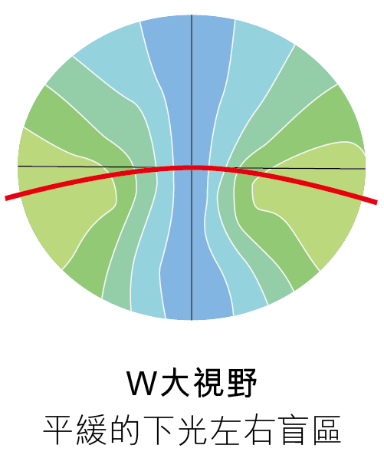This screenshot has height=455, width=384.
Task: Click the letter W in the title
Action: coord(143,383)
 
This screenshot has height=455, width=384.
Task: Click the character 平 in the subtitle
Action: coord(57,430)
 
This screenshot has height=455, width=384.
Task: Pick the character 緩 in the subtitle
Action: coord(91,430)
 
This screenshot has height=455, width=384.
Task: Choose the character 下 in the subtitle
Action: coord(159,430)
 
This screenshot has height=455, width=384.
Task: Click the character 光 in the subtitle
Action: coord(192,430)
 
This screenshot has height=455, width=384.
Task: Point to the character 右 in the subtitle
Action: coord(259,430)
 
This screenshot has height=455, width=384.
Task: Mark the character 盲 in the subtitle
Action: coord(293,430)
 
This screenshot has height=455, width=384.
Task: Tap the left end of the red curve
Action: coord(6,199)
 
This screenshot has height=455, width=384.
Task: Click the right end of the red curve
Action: coord(376,203)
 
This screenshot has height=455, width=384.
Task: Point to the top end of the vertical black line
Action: coord(192,15)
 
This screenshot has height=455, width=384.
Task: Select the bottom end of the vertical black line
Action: coord(192,320)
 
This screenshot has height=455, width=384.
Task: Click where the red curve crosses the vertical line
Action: coord(192,167)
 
